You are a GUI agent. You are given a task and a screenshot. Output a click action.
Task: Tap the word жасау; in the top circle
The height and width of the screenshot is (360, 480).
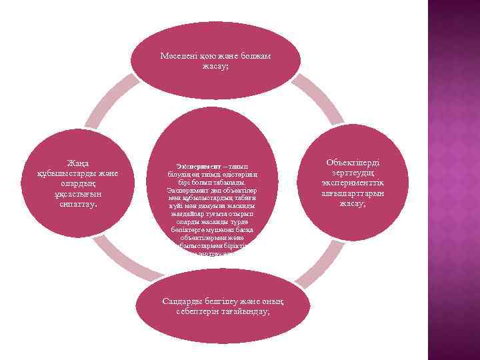coord(215,67)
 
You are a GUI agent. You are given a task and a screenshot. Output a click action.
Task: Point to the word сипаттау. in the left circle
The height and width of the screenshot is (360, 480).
coord(79,204)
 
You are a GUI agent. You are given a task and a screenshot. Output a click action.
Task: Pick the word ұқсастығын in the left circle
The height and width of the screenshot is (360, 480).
coord(79,194)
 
